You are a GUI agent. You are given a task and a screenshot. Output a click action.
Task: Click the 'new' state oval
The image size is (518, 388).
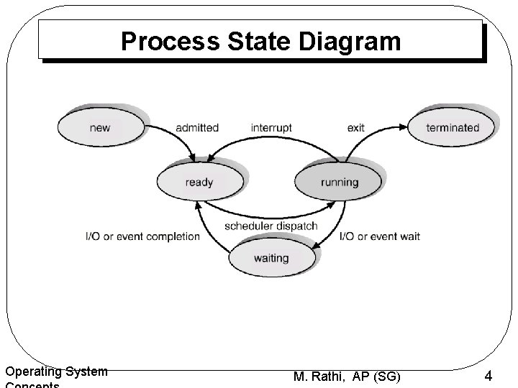point(100,128)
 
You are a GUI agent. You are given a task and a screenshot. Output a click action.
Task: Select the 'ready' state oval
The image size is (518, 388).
point(199,182)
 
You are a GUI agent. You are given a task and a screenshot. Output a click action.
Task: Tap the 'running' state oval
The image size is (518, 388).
point(339,182)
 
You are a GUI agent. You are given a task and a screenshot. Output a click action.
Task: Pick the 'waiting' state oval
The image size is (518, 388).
point(271,258)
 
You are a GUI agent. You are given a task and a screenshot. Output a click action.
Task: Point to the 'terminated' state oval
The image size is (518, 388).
point(452,128)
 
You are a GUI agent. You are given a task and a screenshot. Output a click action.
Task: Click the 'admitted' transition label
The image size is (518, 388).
point(197,128)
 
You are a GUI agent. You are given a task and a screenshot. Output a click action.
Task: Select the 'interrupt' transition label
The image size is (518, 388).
point(271,128)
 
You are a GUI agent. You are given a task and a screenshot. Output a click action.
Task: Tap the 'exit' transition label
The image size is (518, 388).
point(355,128)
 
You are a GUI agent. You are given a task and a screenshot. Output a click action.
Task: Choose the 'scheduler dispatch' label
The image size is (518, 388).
point(271,226)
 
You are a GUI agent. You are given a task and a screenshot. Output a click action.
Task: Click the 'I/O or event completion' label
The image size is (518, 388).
point(142,236)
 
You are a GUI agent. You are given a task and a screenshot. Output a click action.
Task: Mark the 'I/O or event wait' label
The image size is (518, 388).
point(379,236)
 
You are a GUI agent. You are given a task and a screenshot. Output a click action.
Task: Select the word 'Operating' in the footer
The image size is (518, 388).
point(33,371)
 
